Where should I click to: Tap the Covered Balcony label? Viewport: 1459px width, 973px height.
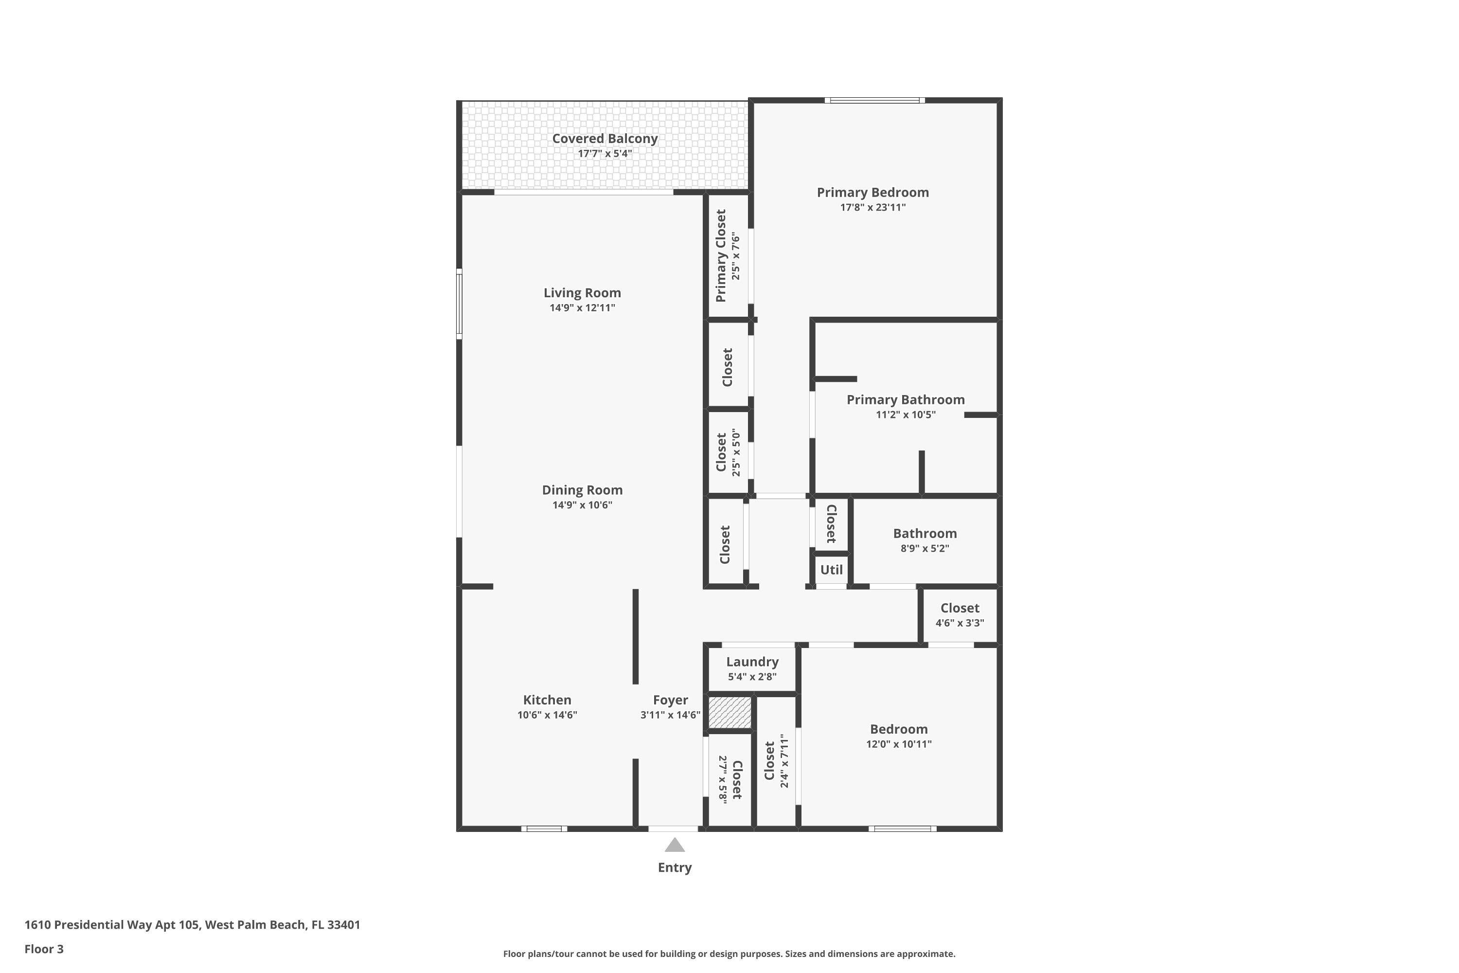(x=605, y=138)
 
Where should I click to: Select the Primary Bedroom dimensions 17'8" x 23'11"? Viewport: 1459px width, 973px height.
(x=873, y=207)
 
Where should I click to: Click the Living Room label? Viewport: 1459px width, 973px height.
(x=582, y=293)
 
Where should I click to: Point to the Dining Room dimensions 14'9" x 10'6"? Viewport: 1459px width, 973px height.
(x=582, y=505)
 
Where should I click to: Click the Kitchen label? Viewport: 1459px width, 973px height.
(x=547, y=700)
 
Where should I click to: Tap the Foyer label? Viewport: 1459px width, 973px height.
(x=670, y=700)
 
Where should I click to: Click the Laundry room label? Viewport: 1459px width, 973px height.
(x=752, y=662)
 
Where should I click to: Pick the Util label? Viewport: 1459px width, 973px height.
(x=831, y=570)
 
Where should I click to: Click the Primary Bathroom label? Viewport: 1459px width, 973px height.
(x=906, y=399)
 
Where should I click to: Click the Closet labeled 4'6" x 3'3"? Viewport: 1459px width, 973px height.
(x=960, y=609)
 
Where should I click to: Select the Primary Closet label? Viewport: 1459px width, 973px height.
(x=721, y=256)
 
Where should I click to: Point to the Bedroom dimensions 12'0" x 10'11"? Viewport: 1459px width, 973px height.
(x=899, y=744)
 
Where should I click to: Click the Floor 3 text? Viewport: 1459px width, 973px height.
(x=44, y=949)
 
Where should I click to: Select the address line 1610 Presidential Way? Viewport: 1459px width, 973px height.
(x=192, y=925)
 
